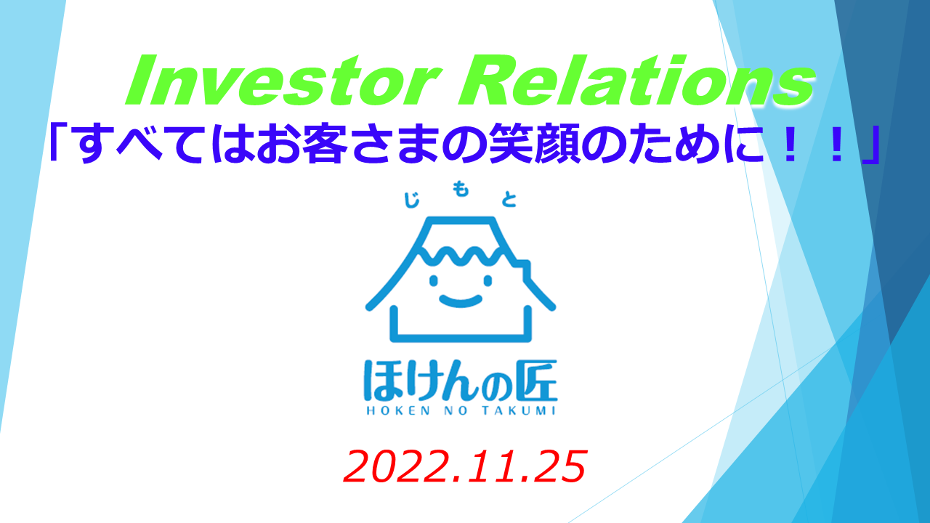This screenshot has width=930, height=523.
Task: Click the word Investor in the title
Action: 283,81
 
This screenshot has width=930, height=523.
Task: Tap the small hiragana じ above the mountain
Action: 411,200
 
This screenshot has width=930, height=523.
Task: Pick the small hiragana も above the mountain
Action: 461,190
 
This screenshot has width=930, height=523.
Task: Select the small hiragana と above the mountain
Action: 509,200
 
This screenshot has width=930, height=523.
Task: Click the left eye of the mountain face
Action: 434,281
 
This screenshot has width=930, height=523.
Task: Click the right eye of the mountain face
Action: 488,281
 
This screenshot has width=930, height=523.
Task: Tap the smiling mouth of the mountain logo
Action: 461,301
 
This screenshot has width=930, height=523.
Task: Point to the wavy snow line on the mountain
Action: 461,255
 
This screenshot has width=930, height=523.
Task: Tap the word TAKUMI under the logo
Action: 519,411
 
